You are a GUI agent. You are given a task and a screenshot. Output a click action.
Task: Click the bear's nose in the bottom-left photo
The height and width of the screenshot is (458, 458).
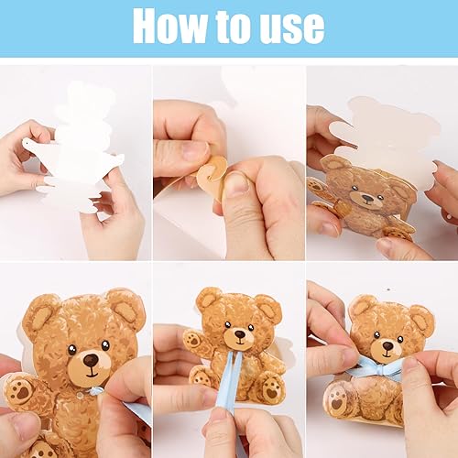[91, 360]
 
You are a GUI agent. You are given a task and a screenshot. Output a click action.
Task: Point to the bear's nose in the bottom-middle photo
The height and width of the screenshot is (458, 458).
[240, 333]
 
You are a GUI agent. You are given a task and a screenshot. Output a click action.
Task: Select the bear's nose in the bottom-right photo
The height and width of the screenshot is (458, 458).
[387, 346]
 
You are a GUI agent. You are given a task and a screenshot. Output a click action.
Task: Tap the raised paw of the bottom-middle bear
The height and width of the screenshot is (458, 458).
[193, 339]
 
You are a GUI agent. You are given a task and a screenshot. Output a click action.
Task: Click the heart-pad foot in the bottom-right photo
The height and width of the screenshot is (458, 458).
[337, 401]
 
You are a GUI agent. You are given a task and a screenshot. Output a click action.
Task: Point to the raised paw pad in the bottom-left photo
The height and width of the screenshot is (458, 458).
[20, 391]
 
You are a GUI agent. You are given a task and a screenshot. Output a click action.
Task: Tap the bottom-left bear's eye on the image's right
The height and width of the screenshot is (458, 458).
[105, 345]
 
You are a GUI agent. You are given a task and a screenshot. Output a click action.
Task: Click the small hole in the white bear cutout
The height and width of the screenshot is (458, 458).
[27, 142]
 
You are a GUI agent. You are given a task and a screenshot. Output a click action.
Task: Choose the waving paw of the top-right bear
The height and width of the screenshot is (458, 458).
[317, 187]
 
